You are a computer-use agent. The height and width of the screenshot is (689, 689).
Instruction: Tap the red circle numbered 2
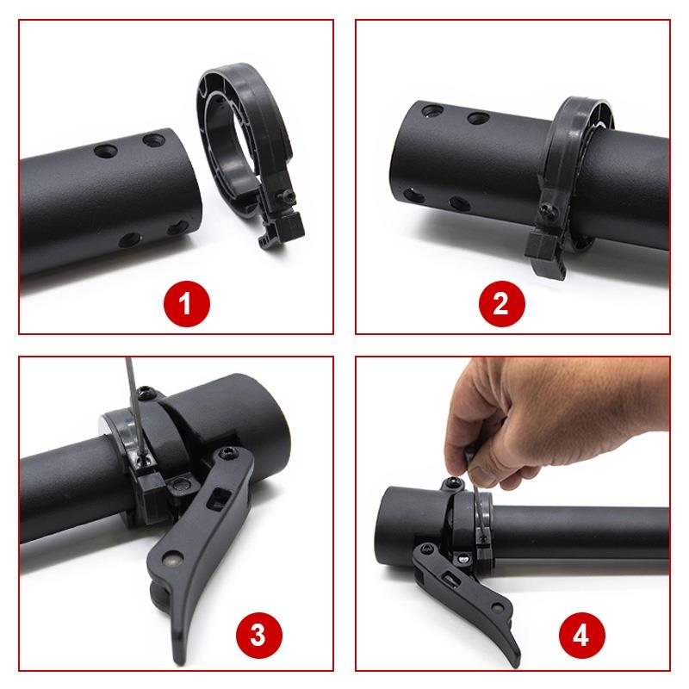click(x=502, y=302)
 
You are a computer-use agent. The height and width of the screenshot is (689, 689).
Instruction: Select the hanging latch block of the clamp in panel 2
click(x=546, y=253)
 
